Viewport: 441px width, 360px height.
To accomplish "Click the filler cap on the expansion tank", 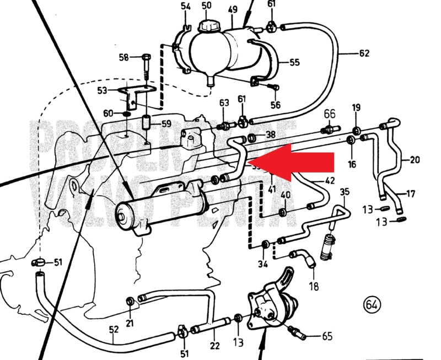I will pyautogui.click(x=209, y=25).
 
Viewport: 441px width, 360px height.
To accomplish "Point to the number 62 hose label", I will pyautogui.click(x=364, y=53).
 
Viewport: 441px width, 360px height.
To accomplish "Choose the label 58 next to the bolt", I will pyautogui.click(x=123, y=57).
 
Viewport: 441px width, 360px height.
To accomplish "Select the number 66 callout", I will pyautogui.click(x=329, y=114).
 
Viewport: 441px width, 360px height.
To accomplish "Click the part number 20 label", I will pyautogui.click(x=415, y=160).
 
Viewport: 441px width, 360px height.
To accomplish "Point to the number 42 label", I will pyautogui.click(x=330, y=180).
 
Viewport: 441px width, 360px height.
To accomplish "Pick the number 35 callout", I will pyautogui.click(x=345, y=191).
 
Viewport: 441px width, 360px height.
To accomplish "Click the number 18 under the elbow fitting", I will pyautogui.click(x=314, y=287).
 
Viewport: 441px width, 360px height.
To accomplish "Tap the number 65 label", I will pyautogui.click(x=327, y=335).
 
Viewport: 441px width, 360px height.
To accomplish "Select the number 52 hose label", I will pyautogui.click(x=114, y=329).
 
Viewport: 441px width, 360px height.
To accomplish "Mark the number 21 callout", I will pyautogui.click(x=130, y=323).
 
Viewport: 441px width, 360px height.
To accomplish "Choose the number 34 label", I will pyautogui.click(x=262, y=264).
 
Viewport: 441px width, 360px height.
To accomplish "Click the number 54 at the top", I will pyautogui.click(x=185, y=6).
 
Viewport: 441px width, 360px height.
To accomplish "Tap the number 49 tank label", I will pyautogui.click(x=232, y=9).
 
